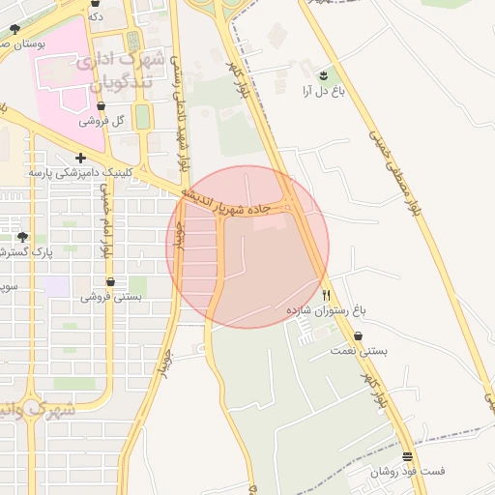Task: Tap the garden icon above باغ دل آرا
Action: [x=323, y=74]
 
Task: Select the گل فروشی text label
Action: [x=103, y=122]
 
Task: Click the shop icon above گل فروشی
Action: [x=102, y=106]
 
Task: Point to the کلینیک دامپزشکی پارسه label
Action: [x=78, y=173]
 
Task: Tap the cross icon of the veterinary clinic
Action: [x=80, y=158]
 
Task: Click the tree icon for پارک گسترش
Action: [x=22, y=237]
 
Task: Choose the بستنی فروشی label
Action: [x=111, y=297]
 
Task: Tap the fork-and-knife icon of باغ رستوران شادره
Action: [x=327, y=295]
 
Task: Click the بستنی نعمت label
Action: [x=360, y=352]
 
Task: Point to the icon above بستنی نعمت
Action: [x=359, y=336]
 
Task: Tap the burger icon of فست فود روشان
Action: [x=407, y=457]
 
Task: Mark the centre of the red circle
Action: [x=247, y=247]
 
